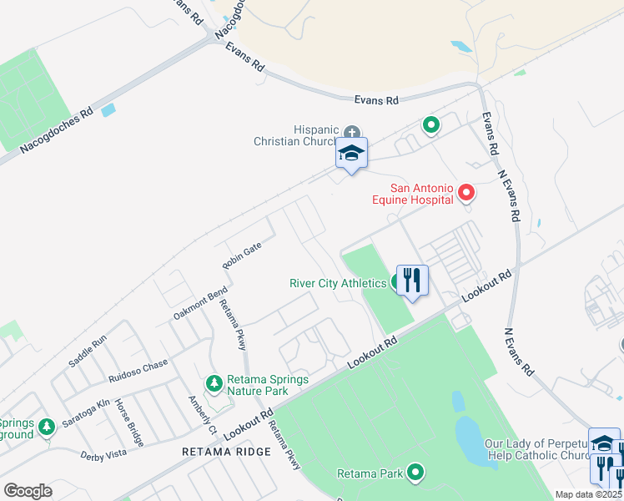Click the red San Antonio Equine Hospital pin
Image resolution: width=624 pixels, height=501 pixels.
(x=466, y=194)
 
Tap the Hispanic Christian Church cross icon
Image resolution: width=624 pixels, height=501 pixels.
(x=352, y=131)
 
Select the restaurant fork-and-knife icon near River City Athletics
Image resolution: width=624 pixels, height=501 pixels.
(x=412, y=280)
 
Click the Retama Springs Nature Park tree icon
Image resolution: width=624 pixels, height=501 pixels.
(x=215, y=382)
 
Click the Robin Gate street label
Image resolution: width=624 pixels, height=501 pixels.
(x=241, y=255)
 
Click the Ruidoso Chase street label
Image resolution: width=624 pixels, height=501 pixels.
(x=137, y=369)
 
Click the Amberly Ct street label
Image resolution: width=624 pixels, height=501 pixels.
(x=203, y=415)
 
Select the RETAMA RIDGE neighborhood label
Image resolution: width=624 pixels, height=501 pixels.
(x=226, y=452)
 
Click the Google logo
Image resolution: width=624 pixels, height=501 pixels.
(x=28, y=490)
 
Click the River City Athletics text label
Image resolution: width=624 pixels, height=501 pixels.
(x=337, y=282)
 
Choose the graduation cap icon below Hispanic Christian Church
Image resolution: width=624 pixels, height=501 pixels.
(x=352, y=154)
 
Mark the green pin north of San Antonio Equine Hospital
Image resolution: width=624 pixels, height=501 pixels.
(x=430, y=126)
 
